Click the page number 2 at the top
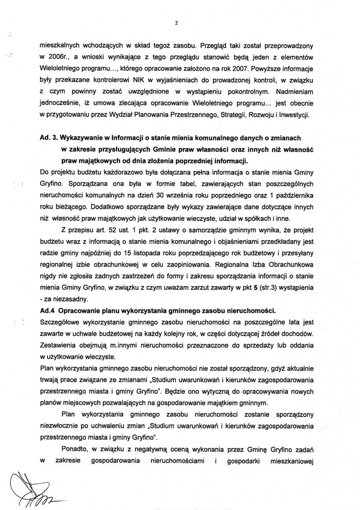point(177,22)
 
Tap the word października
point(295,195)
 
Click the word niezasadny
point(69,299)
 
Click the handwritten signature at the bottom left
point(32,491)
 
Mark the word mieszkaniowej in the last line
point(295,462)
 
